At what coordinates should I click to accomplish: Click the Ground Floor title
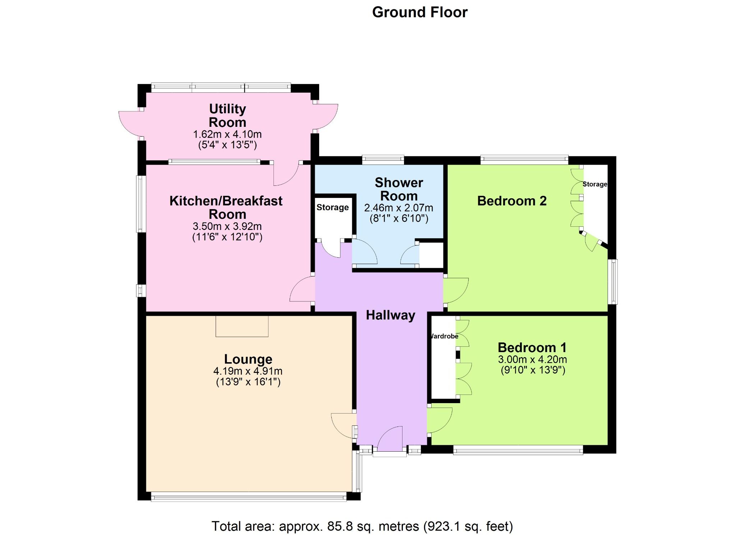coord(419,13)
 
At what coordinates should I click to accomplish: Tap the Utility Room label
coord(227,115)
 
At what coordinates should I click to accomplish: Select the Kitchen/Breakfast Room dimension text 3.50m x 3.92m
coord(227,226)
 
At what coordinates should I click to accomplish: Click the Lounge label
coord(248,359)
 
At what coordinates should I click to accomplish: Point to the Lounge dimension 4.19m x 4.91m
coord(248,371)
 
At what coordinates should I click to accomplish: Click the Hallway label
coord(390,315)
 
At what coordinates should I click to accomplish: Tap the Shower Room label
coord(399,189)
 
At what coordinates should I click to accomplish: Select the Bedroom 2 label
coord(511,201)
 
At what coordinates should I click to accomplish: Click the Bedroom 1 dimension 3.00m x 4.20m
coord(532,359)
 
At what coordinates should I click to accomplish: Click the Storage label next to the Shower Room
coord(332,207)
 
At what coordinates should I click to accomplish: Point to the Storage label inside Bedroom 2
coord(595,184)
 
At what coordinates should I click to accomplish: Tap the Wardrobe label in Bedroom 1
coord(445,336)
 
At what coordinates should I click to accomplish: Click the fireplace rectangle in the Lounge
coord(242,326)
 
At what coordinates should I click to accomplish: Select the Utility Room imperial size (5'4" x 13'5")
coord(227,145)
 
